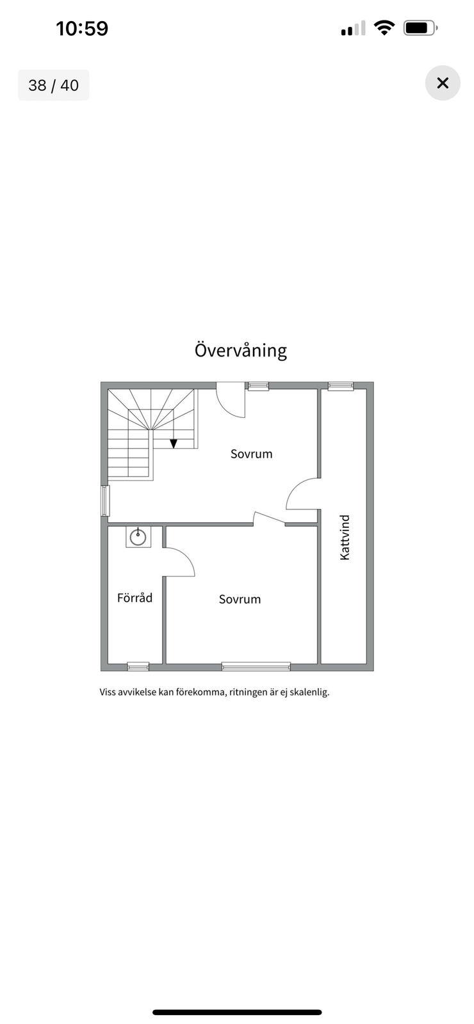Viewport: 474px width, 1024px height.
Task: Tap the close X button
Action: (443, 83)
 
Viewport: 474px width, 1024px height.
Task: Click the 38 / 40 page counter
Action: (54, 86)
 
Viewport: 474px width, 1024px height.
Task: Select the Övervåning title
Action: (241, 351)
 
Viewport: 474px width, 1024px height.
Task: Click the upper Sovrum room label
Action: (251, 454)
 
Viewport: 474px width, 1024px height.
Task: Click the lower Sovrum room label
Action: (240, 599)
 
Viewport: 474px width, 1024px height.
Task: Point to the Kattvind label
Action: (345, 537)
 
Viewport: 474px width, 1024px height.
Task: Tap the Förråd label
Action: (135, 598)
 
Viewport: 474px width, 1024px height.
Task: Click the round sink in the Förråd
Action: (138, 537)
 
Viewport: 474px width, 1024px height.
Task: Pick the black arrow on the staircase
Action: (174, 444)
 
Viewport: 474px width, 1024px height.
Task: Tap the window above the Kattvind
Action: (341, 387)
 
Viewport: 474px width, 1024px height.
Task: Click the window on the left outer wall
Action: (105, 501)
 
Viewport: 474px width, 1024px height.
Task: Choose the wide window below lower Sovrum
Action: (256, 666)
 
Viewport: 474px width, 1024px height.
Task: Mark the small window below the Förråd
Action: (138, 666)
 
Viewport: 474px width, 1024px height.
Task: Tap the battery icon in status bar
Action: (420, 28)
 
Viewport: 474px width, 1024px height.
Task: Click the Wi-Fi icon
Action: (384, 28)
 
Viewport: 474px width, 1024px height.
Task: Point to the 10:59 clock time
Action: (83, 28)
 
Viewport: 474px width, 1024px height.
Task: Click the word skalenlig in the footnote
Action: (309, 692)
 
